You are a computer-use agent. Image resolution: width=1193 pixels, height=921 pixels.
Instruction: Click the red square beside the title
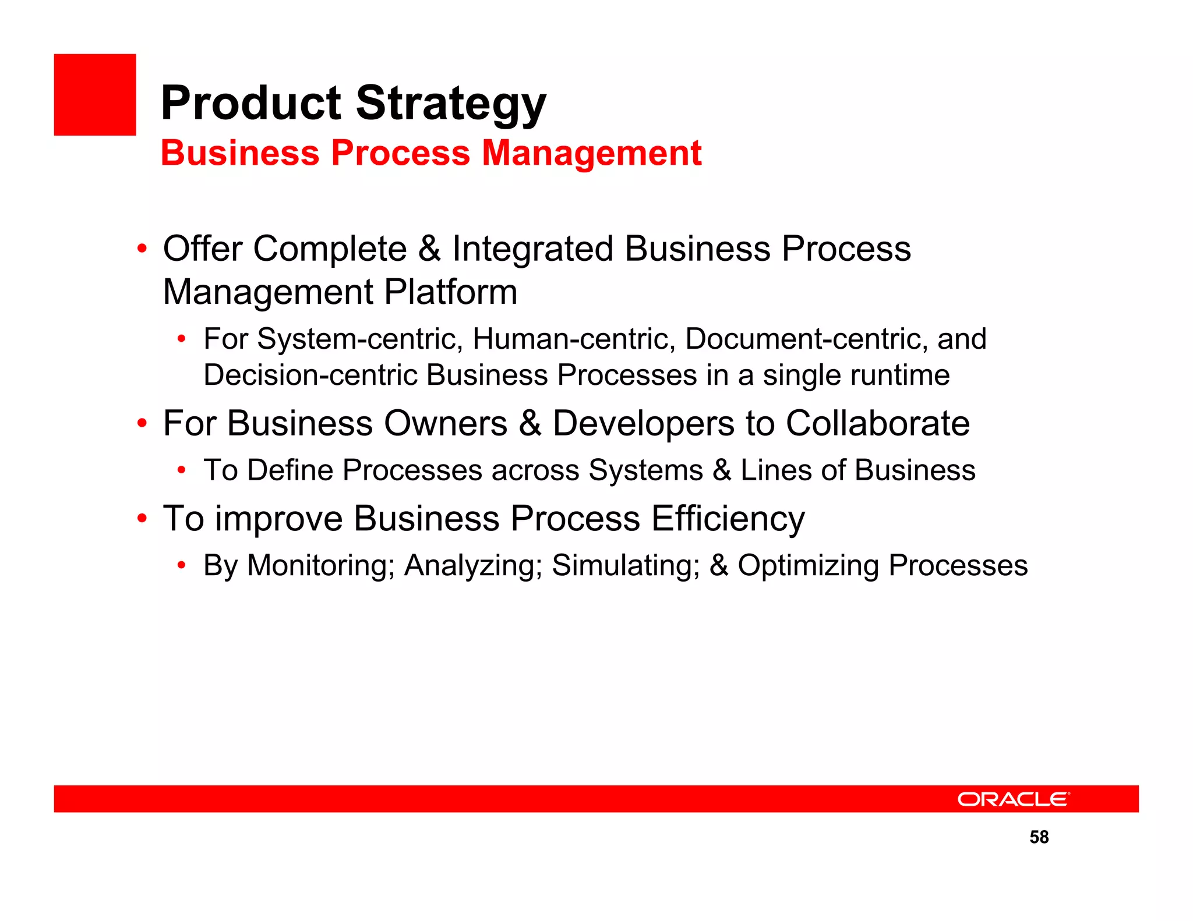95,95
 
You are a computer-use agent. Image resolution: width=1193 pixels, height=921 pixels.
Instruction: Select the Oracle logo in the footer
1013,799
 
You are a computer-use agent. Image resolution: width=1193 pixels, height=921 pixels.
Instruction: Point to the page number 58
1039,837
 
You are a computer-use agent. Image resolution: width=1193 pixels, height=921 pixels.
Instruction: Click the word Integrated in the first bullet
532,249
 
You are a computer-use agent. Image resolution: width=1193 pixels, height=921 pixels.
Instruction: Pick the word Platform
450,292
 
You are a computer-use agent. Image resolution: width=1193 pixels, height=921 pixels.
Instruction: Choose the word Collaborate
877,423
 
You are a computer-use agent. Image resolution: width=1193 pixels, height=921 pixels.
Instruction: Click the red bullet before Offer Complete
142,249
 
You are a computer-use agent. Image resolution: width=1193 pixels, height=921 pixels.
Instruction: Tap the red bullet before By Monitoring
182,565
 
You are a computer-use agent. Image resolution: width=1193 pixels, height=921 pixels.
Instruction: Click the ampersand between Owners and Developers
530,423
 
